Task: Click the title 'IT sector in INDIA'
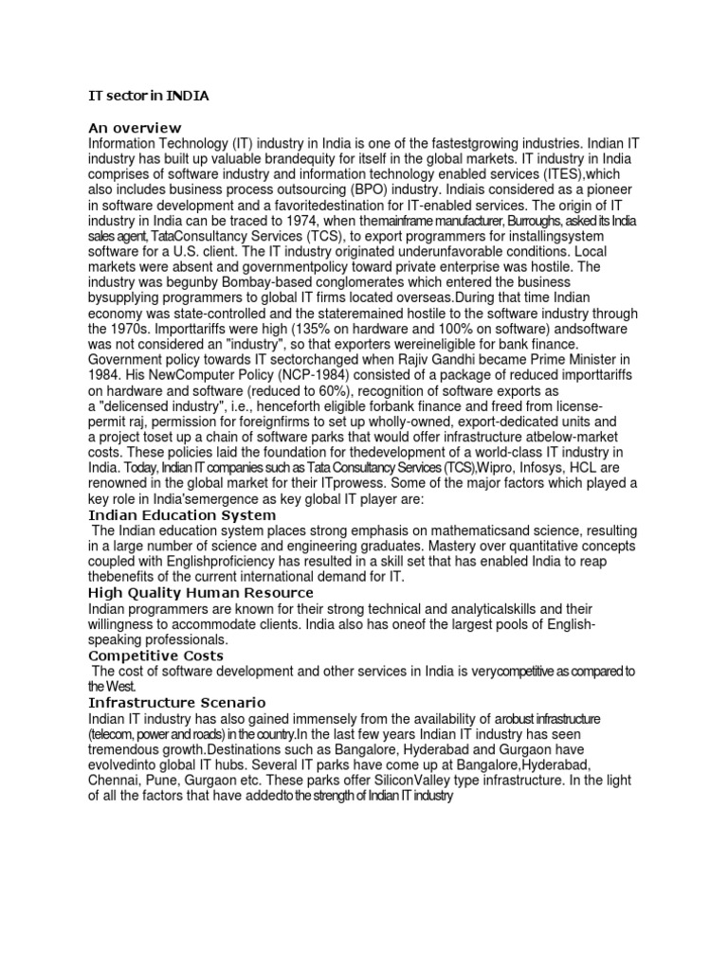[x=149, y=97]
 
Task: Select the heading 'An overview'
[x=134, y=128]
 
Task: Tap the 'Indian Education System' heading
[x=182, y=515]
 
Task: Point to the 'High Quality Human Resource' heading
[x=201, y=593]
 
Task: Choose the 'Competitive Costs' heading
[x=155, y=656]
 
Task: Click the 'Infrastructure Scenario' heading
[x=177, y=703]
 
